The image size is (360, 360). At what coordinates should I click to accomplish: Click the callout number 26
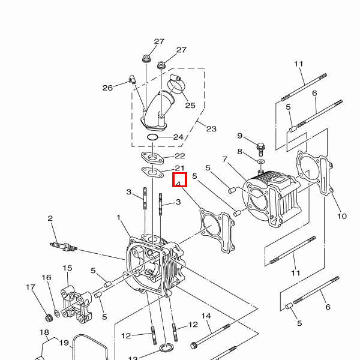[x=107, y=88]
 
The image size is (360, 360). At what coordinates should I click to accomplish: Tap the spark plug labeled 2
[x=64, y=247]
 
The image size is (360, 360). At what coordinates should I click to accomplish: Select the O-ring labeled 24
[x=152, y=137]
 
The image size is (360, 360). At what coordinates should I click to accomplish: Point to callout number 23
[x=211, y=129]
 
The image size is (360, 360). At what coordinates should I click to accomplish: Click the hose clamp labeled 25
[x=176, y=85]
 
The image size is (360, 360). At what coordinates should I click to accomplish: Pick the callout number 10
[x=341, y=216]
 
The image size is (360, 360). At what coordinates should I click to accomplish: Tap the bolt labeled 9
[x=261, y=149]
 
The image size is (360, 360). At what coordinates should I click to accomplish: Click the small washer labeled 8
[x=261, y=161]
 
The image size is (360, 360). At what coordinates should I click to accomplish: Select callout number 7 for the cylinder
[x=225, y=159]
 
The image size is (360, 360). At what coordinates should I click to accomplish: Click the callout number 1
[x=118, y=217]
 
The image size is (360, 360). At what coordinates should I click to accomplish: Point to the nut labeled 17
[x=49, y=318]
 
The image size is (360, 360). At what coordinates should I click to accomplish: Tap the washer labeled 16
[x=57, y=313]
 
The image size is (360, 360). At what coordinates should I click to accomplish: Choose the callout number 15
[x=67, y=268]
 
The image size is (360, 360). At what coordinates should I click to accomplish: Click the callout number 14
[x=206, y=316]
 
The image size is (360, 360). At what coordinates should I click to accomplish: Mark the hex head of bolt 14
[x=194, y=345]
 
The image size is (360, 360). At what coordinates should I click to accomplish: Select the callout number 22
[x=180, y=156]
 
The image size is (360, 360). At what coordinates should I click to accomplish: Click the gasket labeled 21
[x=152, y=172]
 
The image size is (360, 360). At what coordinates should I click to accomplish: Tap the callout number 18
[x=44, y=332]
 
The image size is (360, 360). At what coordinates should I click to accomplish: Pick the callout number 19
[x=64, y=343]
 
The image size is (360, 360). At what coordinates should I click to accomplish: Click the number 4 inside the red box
[x=178, y=184]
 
